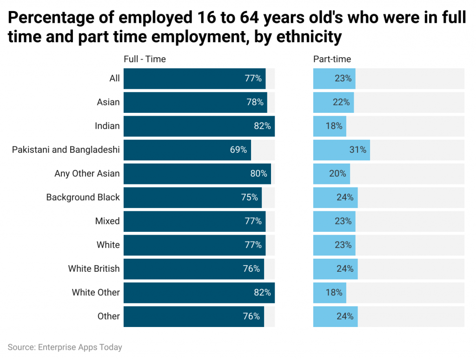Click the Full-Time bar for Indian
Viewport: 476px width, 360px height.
click(x=199, y=126)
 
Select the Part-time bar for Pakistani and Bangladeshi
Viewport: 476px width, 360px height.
click(x=341, y=150)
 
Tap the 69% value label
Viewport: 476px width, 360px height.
click(x=238, y=150)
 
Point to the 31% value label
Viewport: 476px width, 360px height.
click(x=357, y=150)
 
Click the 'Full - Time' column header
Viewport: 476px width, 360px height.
click(x=145, y=59)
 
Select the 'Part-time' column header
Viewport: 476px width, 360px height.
click(x=332, y=59)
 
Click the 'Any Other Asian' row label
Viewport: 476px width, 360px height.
click(x=87, y=174)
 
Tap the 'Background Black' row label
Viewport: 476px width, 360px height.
click(x=83, y=197)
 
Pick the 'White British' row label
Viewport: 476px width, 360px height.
click(x=94, y=268)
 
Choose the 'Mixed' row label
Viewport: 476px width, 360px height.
click(x=107, y=221)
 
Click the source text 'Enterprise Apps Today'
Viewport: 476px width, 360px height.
click(x=80, y=347)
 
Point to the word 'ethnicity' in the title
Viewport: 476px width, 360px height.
click(x=302, y=37)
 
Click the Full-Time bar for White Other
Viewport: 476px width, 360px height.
click(x=199, y=293)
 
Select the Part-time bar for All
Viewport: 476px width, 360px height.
click(x=334, y=79)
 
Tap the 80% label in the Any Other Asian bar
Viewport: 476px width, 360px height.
click(x=258, y=174)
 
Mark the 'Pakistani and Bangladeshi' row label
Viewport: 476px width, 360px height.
click(x=66, y=150)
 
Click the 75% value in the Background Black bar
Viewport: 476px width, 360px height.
click(x=249, y=197)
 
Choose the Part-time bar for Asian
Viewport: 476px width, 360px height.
click(x=333, y=102)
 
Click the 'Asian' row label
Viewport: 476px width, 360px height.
click(x=108, y=102)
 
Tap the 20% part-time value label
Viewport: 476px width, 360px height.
click(x=337, y=174)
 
